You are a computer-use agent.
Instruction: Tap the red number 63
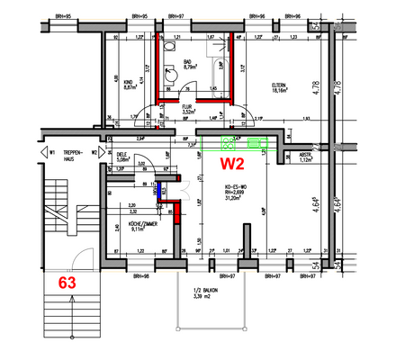(67, 281)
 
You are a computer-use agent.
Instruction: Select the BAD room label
(190, 65)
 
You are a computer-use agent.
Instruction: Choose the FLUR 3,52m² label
(189, 111)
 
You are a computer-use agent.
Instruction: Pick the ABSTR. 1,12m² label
(307, 158)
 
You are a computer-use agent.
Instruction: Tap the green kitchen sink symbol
(257, 143)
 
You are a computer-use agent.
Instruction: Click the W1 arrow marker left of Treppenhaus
(51, 151)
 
